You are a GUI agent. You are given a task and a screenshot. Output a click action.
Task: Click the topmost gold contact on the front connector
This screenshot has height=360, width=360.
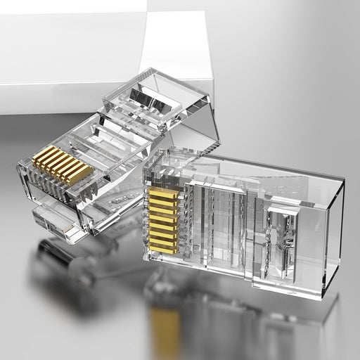pos(163,191)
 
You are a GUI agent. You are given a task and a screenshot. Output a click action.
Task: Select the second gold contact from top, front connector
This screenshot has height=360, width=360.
pos(163,199)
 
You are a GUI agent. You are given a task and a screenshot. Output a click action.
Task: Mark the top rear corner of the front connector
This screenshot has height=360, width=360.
pos(343,181)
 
